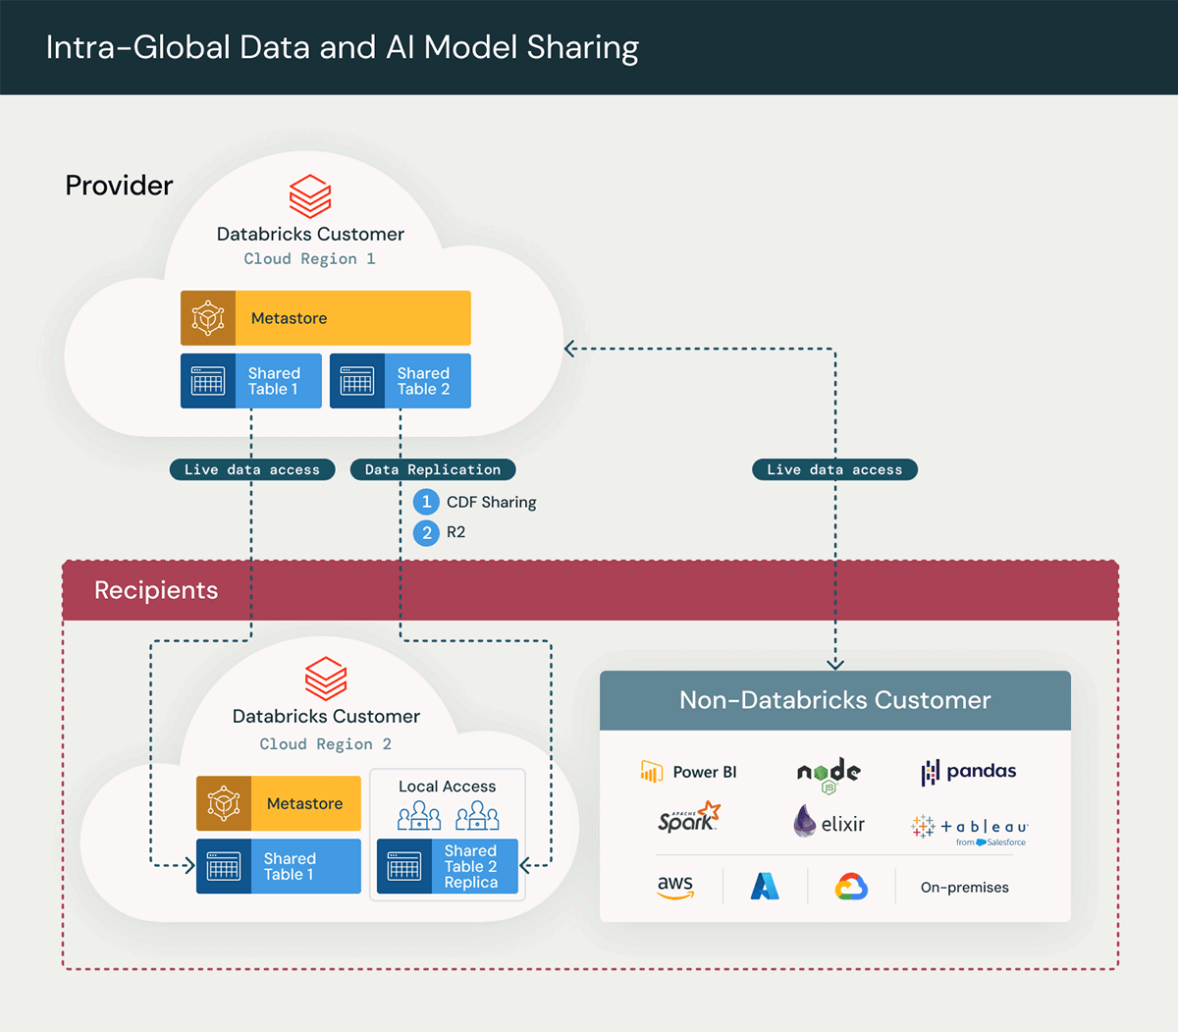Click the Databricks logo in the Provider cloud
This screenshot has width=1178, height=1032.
click(x=310, y=196)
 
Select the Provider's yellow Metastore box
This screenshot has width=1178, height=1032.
click(x=326, y=318)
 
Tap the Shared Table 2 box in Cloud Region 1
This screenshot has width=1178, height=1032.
click(x=401, y=381)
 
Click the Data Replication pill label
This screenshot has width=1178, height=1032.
click(x=433, y=470)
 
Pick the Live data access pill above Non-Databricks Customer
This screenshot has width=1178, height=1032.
click(x=834, y=470)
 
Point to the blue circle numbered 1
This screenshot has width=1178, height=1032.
click(x=426, y=502)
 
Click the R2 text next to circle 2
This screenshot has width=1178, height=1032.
click(x=456, y=532)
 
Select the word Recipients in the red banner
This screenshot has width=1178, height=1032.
click(x=156, y=590)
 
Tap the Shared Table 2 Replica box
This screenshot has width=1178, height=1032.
click(x=448, y=867)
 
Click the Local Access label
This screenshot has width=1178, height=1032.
click(x=447, y=787)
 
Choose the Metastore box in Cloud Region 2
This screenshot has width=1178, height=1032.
click(x=279, y=803)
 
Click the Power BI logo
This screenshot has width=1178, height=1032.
click(x=688, y=772)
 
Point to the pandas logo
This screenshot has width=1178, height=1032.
click(x=968, y=772)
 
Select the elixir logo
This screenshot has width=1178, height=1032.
click(x=829, y=822)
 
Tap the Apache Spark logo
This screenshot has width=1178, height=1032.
click(x=688, y=818)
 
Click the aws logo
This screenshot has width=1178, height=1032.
click(x=675, y=887)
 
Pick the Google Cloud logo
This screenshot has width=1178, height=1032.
click(x=851, y=887)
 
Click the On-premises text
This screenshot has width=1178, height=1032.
click(x=964, y=888)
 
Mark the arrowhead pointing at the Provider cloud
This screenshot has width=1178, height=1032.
click(x=569, y=349)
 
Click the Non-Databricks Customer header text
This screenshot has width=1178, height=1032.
click(x=834, y=700)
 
